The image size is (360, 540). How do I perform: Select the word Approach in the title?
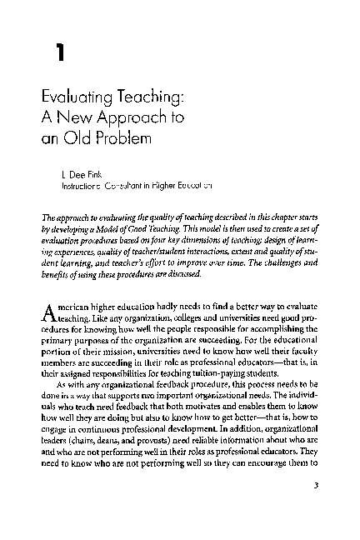click(136, 117)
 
